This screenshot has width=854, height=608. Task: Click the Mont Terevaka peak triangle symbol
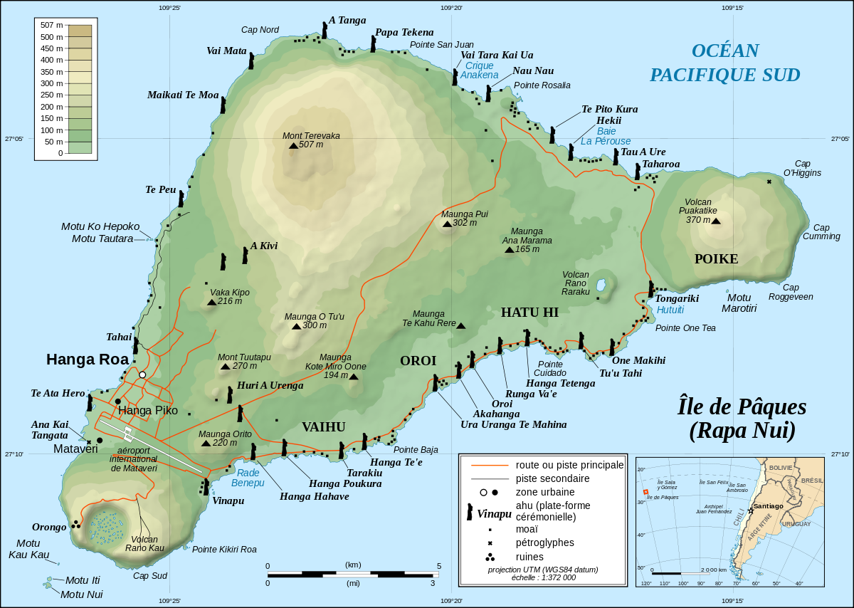point(293,145)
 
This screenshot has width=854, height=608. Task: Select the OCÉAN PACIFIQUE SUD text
point(724,63)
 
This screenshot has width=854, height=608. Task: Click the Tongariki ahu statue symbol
point(650,288)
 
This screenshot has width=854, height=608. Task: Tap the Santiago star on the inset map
point(751,510)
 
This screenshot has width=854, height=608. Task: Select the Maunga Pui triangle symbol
point(447,224)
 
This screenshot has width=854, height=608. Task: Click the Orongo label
point(49,528)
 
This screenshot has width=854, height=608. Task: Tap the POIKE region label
point(716,259)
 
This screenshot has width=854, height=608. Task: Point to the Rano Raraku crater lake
point(601,286)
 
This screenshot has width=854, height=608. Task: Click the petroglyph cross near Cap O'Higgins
point(769,182)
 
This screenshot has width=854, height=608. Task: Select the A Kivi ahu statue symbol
point(245,255)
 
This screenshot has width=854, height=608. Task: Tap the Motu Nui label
point(81,594)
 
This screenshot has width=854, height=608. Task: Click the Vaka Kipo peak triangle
point(211,303)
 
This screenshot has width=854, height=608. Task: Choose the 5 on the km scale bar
point(439,565)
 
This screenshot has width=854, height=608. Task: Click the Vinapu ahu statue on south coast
point(206,487)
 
